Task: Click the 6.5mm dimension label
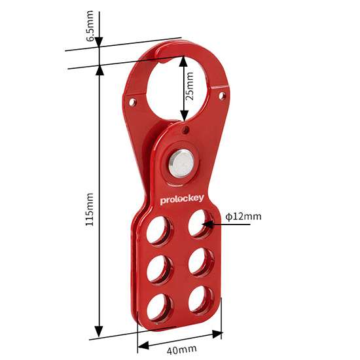pyautogui.click(x=90, y=26)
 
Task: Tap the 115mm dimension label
pyautogui.click(x=90, y=209)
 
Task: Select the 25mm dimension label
pyautogui.click(x=189, y=86)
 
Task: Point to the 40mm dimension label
pyautogui.click(x=181, y=350)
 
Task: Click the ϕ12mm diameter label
pyautogui.click(x=243, y=216)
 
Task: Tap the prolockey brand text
pyautogui.click(x=182, y=200)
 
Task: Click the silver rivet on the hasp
pyautogui.click(x=181, y=164)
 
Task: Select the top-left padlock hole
pyautogui.click(x=159, y=230)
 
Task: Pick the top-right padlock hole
pyautogui.click(x=200, y=223)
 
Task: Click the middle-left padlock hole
pyautogui.click(x=160, y=269)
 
